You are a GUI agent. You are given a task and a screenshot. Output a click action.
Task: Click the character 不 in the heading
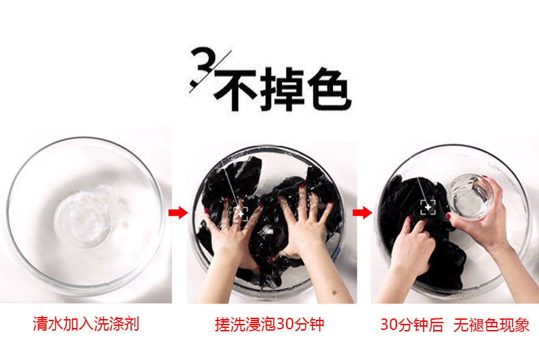(235, 89)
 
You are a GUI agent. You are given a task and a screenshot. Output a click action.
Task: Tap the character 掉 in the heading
(282, 89)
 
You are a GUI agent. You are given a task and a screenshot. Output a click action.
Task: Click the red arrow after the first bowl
(178, 213)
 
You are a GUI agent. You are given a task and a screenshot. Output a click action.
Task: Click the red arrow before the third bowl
(362, 213)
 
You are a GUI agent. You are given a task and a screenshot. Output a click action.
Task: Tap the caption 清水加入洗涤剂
(86, 324)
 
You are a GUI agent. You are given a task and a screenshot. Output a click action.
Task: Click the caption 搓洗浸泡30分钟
(269, 325)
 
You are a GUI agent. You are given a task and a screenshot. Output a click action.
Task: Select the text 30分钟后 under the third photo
(412, 325)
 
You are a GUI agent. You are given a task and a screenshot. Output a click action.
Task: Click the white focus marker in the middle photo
(241, 213)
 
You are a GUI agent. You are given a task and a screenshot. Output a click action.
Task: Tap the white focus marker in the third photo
(428, 207)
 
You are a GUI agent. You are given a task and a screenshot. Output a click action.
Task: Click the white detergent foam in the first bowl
(100, 208)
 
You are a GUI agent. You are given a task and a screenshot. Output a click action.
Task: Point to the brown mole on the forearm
(334, 292)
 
